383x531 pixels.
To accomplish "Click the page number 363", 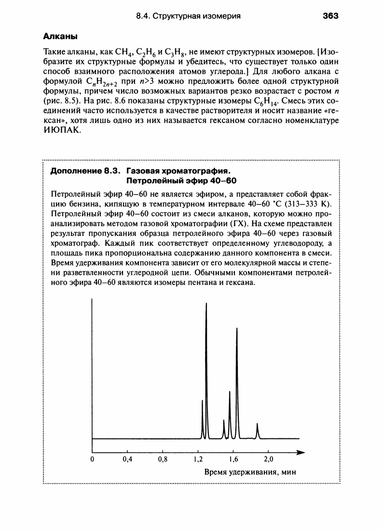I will [x=331, y=16].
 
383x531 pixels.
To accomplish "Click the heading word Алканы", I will [x=61, y=36].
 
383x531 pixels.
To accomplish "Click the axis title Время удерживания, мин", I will [x=250, y=472].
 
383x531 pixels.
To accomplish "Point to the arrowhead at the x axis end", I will [x=301, y=453].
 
